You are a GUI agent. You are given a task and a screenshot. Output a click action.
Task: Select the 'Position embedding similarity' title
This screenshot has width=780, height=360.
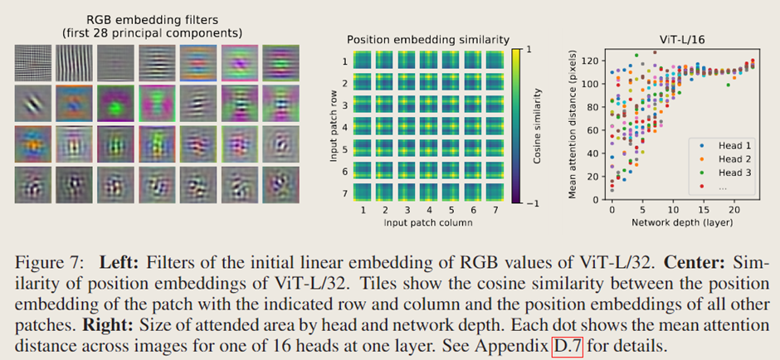[x=428, y=39]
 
